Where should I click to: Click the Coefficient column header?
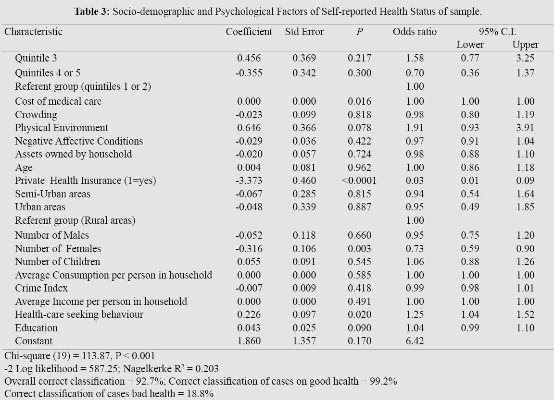[249, 32]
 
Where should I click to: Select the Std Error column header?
[304, 32]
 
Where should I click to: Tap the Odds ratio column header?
[415, 32]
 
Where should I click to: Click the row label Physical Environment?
[62, 128]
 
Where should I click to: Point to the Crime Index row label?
[41, 288]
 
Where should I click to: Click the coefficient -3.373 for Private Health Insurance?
[249, 181]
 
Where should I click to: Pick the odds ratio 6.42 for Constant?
[415, 341]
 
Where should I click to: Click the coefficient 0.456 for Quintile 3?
[249, 58]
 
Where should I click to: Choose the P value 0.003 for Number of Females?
[359, 249]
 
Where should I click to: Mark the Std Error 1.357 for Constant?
[304, 341]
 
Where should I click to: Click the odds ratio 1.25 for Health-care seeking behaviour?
[415, 315]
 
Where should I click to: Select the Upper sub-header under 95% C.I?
[525, 45]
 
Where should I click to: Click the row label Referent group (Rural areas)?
[75, 220]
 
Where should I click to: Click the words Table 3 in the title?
[91, 11]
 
